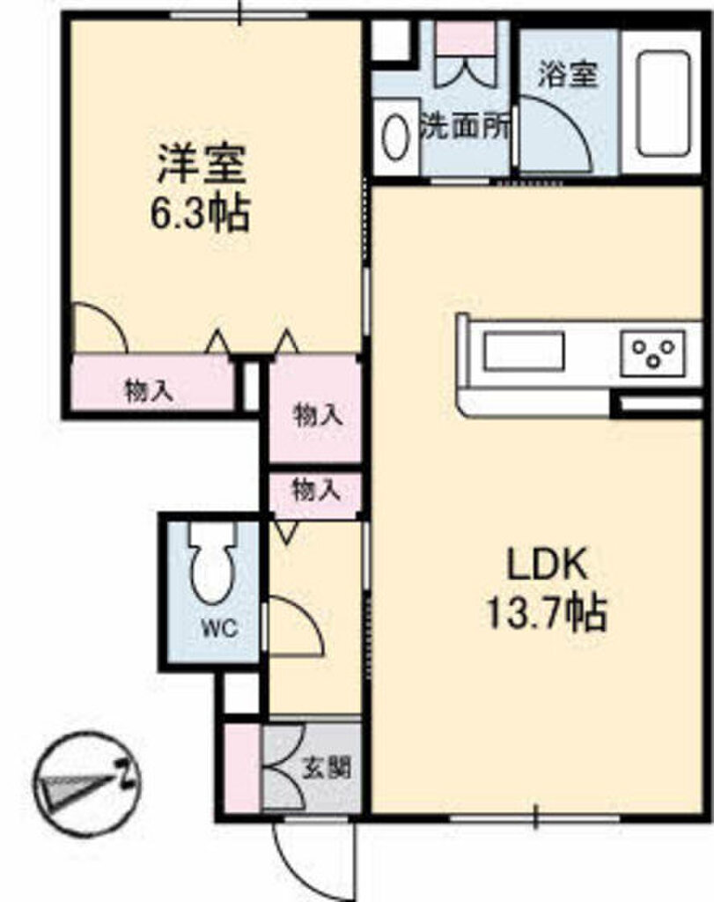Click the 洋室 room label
tap(202, 164)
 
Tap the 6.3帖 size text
tap(200, 212)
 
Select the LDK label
tap(547, 565)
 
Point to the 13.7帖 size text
tap(547, 613)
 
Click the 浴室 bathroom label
tap(568, 74)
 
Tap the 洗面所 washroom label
tap(466, 126)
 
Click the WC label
tap(219, 627)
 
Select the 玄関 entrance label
tap(328, 767)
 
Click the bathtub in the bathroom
tap(663, 104)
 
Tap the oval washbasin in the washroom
tap(395, 137)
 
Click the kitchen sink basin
tap(523, 351)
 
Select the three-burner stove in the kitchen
tap(653, 352)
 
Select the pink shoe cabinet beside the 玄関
tap(242, 768)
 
